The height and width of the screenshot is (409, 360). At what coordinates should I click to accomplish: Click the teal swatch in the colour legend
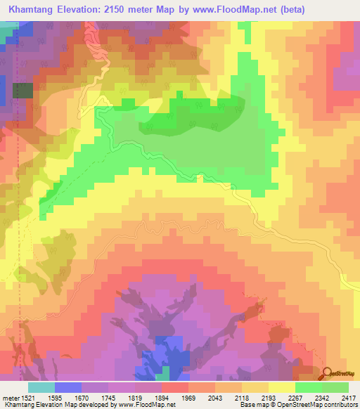pyautogui.click(x=41, y=387)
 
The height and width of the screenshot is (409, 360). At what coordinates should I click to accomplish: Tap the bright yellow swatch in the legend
pyautogui.click(x=281, y=387)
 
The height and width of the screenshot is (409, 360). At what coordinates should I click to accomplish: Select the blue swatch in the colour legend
pyautogui.click(x=68, y=387)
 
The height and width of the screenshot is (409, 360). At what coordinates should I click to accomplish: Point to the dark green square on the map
pyautogui.click(x=23, y=90)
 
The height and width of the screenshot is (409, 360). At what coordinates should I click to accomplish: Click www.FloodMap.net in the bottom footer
pyautogui.click(x=148, y=404)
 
